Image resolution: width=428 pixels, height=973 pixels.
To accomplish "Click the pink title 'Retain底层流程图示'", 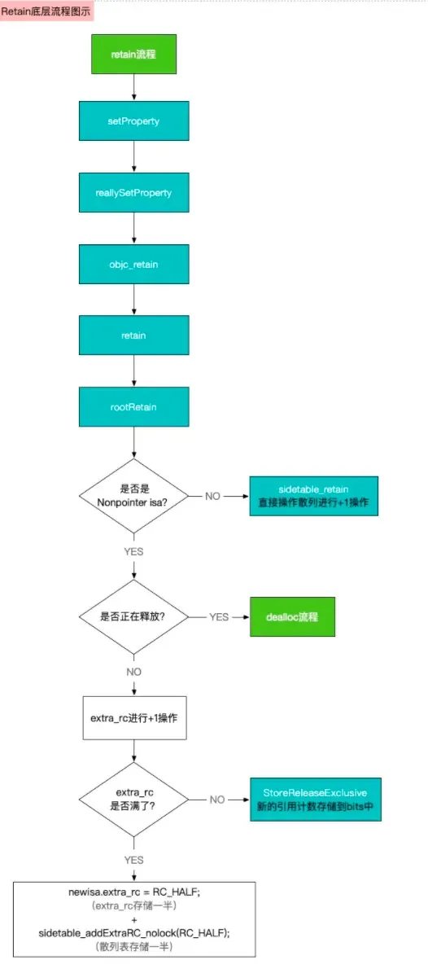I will point(46,11).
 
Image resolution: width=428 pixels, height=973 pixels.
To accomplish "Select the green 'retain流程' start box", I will point(134,54).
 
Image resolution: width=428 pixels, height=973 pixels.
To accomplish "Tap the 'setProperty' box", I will point(134,121).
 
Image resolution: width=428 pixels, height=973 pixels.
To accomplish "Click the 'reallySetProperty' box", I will point(134,193).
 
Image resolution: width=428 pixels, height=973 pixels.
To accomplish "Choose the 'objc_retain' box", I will point(134,264).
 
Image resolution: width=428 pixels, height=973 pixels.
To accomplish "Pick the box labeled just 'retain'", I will point(134,335).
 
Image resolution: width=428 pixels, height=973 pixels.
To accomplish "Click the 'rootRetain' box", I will point(134,405).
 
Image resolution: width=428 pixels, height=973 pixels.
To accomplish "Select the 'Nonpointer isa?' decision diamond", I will point(133,496).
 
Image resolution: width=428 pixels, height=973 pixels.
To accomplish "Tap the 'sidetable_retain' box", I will point(313,496).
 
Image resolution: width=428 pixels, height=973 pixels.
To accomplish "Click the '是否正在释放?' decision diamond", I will point(133,616).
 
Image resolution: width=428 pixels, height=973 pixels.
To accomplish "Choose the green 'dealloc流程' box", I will point(290,616).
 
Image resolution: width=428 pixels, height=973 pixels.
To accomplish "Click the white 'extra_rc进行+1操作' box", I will point(134,720).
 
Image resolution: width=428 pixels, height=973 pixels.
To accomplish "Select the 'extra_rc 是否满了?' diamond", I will point(133,799).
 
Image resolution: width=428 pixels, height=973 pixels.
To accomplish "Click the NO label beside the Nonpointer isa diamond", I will point(212,496).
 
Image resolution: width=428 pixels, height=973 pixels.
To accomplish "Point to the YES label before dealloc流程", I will point(219,616).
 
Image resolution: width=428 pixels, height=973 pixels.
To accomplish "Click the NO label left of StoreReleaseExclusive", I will point(216,799).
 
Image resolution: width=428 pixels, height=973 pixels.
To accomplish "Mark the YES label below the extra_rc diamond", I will point(133,859).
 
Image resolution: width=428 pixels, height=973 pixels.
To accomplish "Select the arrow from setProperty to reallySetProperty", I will point(134,157).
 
